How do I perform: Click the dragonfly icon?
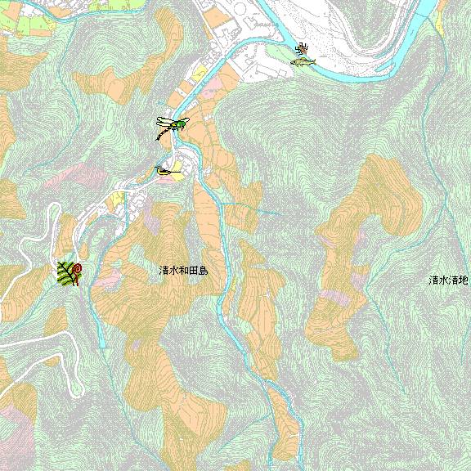173,125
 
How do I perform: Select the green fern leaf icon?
65,275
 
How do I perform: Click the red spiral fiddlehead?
77,269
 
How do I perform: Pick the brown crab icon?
303,50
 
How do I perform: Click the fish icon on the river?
303,61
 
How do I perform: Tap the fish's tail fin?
293,62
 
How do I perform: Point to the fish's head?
313,59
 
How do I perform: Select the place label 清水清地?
449,280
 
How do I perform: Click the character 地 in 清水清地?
464,280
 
